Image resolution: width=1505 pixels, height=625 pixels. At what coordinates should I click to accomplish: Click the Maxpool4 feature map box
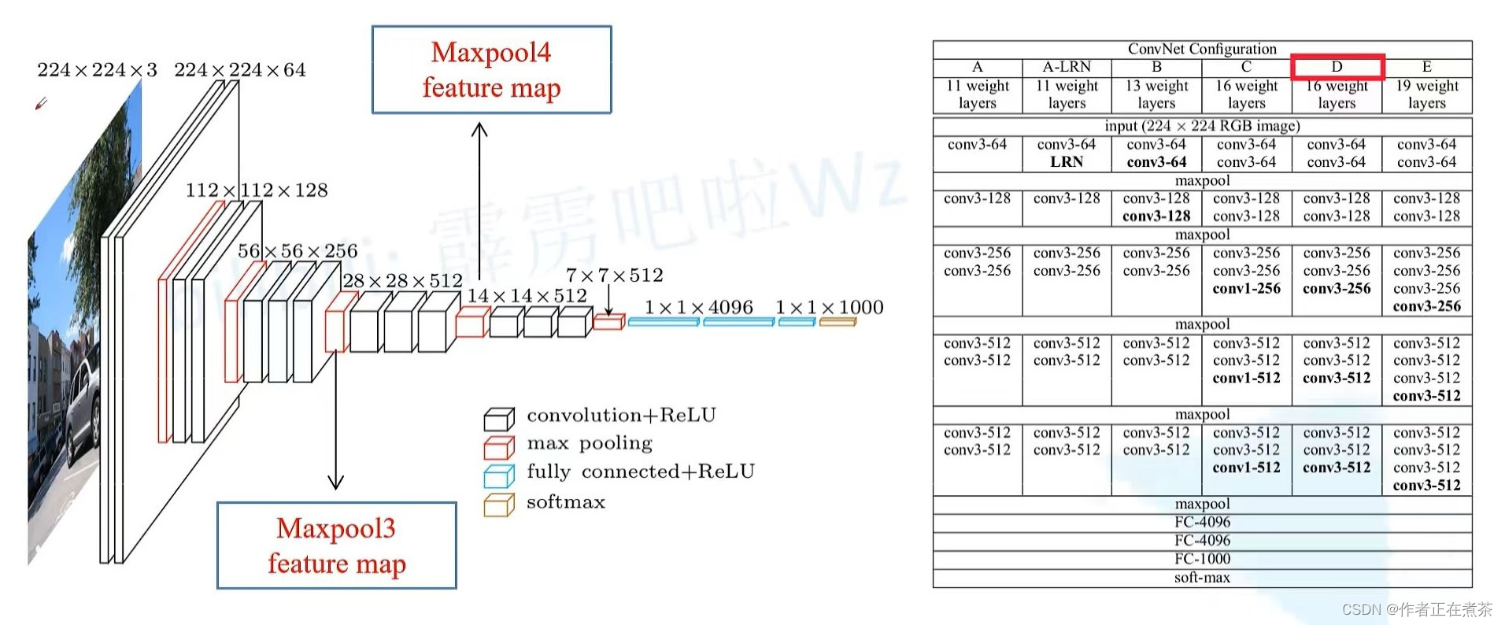point(491,70)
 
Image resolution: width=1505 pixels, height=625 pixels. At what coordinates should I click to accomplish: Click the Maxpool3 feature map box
point(337,545)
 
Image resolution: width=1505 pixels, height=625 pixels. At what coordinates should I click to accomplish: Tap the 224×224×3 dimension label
point(97,70)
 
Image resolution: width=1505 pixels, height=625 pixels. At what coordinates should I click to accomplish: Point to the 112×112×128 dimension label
point(257,190)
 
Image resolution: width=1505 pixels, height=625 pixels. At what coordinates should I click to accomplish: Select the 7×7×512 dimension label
point(614,276)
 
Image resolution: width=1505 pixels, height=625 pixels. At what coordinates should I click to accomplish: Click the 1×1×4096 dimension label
point(698,307)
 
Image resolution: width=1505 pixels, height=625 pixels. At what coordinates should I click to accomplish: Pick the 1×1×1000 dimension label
point(829,307)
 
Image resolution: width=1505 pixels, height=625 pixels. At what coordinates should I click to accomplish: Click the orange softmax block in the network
point(837,321)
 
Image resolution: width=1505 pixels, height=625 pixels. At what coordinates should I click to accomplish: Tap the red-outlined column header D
point(1337,67)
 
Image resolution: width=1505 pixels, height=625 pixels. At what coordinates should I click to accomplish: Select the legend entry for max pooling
point(590,443)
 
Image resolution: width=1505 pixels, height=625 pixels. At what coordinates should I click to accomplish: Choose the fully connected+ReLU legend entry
point(640,472)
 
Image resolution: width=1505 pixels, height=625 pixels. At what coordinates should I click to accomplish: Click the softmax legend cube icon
point(499,505)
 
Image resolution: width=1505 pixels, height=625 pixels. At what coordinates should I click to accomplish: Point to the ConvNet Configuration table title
point(1202,49)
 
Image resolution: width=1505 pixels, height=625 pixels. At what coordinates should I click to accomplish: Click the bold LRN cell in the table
point(1067,162)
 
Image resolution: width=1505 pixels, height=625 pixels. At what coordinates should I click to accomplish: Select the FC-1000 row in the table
point(1202,559)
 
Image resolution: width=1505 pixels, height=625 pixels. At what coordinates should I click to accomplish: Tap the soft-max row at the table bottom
point(1202,578)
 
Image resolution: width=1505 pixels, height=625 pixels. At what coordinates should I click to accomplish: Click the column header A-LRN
point(1067,67)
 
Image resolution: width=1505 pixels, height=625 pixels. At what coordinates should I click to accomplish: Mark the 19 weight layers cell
point(1426,94)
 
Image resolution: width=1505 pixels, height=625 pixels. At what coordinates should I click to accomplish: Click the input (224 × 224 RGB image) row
point(1202,126)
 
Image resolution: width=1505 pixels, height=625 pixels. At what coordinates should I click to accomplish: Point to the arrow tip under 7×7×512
point(608,313)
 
